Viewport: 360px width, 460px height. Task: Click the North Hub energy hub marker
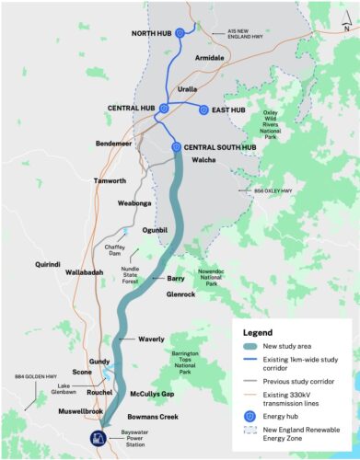coord(180,32)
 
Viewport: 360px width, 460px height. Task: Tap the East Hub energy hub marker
coord(203,110)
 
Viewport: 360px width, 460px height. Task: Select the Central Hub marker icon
coord(164,109)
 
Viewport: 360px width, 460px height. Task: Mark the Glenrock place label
coord(181,295)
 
